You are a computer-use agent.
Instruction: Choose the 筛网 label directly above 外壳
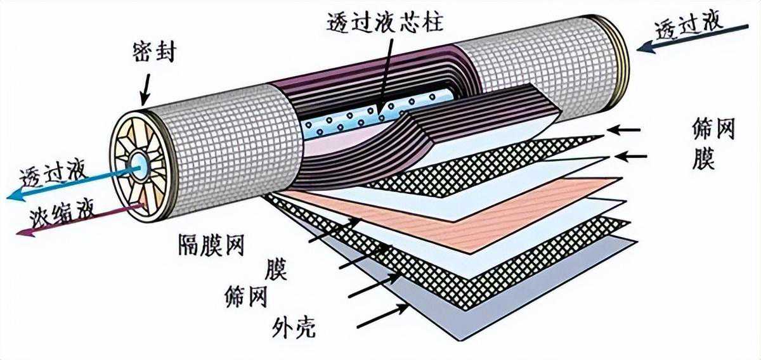point(245,295)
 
